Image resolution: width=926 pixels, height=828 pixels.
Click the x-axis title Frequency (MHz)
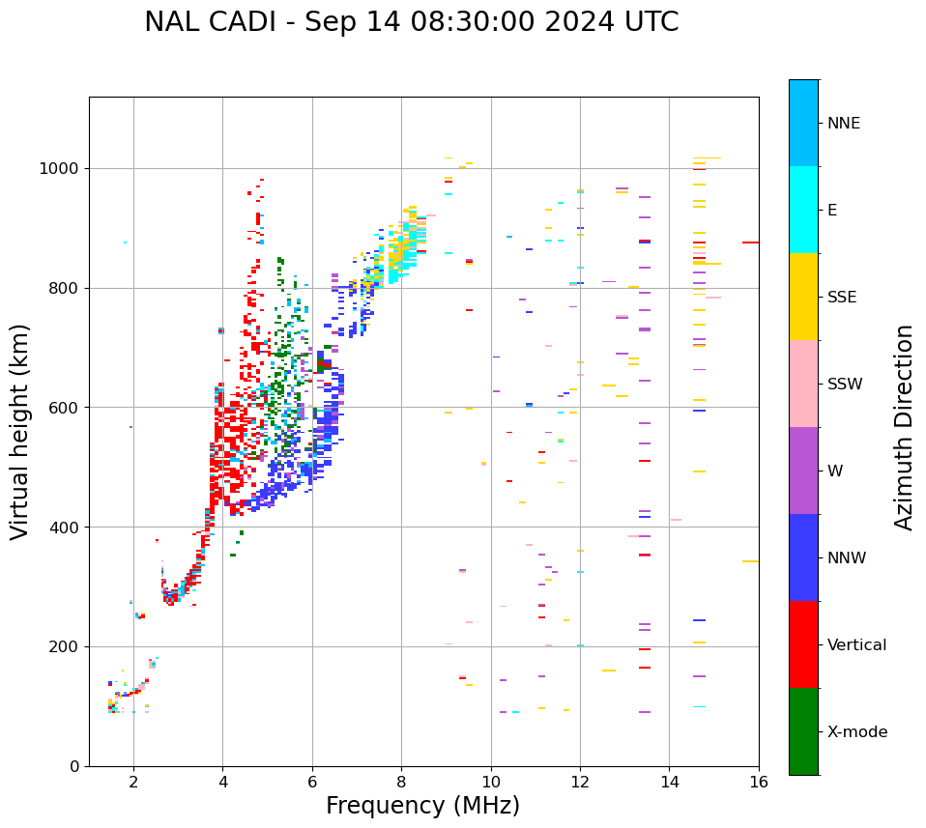422,806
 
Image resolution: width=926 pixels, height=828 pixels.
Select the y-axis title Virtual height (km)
20,431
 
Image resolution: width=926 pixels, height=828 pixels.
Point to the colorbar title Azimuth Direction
904,426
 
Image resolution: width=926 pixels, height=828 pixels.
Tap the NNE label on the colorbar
844,124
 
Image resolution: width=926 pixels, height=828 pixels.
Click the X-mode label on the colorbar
857,732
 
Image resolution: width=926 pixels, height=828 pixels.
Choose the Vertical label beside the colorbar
856,645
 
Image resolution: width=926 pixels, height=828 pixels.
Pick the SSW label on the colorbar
845,385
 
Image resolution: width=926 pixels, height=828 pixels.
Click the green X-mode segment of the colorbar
803,731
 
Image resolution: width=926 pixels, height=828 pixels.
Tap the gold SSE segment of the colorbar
803,297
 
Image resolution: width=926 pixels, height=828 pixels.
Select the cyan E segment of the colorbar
803,210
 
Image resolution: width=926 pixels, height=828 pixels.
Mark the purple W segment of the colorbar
803,471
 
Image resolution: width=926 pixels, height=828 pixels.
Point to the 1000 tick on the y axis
61,169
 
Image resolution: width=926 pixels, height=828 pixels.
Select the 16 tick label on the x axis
759,782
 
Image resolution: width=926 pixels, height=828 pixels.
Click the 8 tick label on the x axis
401,782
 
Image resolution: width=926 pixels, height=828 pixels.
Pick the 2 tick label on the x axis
133,782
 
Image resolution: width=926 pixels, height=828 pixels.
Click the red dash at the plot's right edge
750,243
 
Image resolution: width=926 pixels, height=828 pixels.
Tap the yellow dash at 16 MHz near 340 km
750,561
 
